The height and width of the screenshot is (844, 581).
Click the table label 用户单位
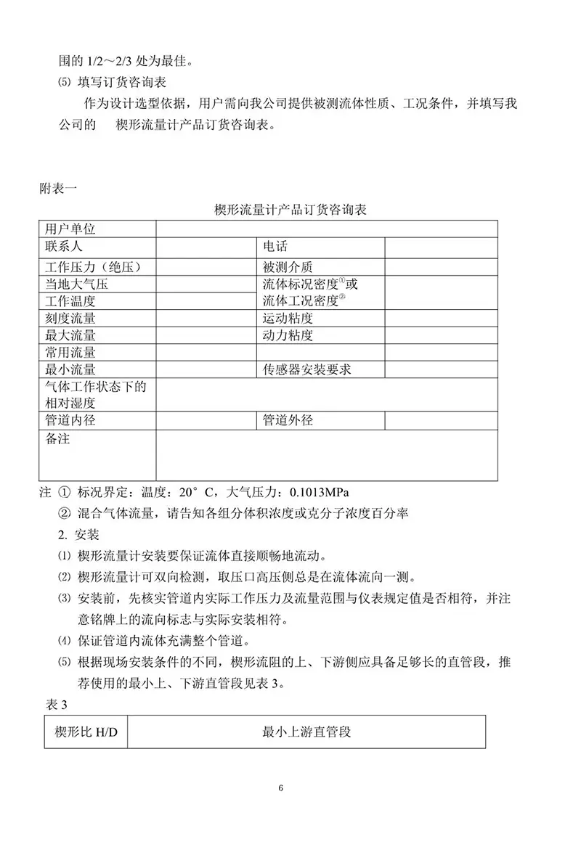[x=70, y=229]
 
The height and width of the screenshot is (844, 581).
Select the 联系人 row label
[x=64, y=247]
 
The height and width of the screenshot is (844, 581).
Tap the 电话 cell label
[x=275, y=247]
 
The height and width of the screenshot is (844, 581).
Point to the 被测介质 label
[x=288, y=267]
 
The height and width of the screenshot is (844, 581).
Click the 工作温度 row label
[x=70, y=301]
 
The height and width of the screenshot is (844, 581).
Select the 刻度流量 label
[x=70, y=319]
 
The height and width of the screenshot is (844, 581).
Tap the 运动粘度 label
[x=288, y=319]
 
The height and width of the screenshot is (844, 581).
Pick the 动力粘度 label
[x=288, y=335]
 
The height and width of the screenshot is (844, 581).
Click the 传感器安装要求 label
[x=306, y=369]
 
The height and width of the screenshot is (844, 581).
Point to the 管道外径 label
[x=288, y=420]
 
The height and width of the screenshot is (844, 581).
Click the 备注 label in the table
[x=57, y=439]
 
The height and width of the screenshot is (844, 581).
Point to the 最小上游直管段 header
[x=306, y=732]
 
